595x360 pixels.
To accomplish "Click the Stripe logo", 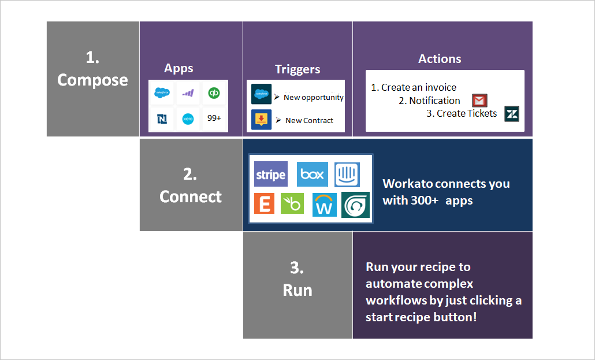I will [271, 175].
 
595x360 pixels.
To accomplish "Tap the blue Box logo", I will [312, 175].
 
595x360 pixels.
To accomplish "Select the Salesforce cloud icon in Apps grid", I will [162, 93].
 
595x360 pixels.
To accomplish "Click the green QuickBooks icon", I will [214, 93].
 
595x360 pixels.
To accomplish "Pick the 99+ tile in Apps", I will [214, 118].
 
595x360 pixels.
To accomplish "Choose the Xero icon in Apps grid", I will [188, 118].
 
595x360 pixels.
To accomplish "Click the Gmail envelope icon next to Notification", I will [479, 101].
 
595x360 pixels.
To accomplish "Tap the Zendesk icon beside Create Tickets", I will [511, 114].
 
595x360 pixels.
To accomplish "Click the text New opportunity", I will [313, 97].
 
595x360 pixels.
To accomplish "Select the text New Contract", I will [309, 120].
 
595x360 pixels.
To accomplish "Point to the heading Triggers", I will [297, 69].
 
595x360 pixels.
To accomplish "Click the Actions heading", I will [440, 59].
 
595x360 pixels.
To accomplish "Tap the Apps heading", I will [178, 68].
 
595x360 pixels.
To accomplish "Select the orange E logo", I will [264, 204].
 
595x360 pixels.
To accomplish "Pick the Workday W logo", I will [324, 205].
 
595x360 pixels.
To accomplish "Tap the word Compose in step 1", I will [92, 80].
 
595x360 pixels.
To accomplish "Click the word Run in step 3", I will [297, 290].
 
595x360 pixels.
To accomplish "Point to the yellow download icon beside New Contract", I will [261, 120].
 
